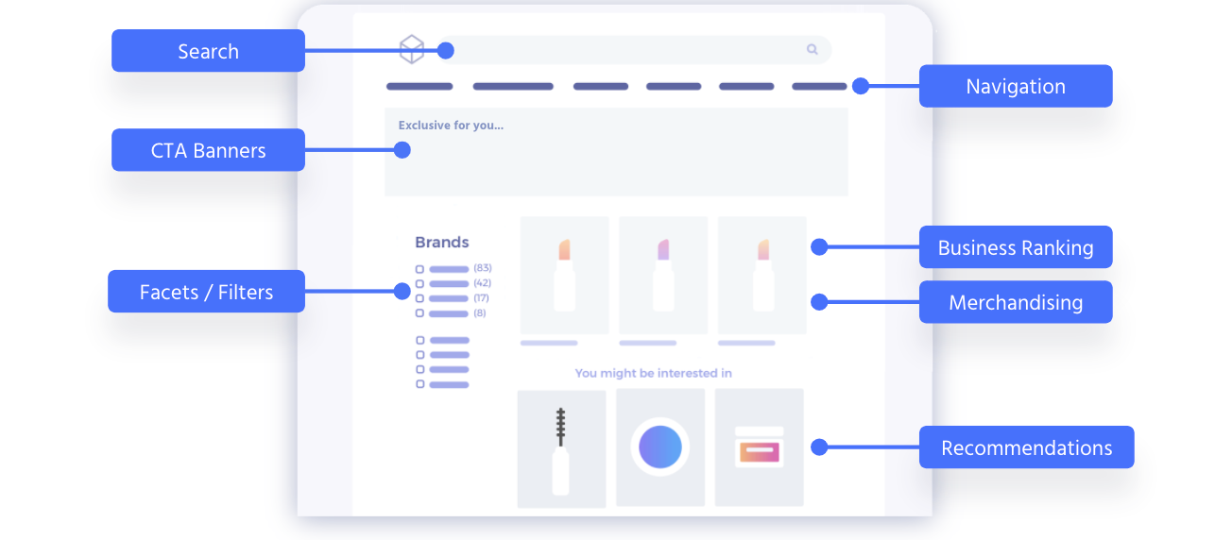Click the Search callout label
click(x=208, y=50)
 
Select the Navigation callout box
click(x=1016, y=86)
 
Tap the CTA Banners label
click(x=208, y=150)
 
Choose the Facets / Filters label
click(x=206, y=292)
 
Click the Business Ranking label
click(x=1016, y=247)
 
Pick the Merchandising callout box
click(x=1016, y=302)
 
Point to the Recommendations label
click(x=1026, y=447)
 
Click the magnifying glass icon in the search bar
click(x=812, y=49)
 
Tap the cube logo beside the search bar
click(x=412, y=49)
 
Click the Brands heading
click(x=441, y=242)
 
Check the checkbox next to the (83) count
click(x=419, y=269)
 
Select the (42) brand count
click(x=482, y=283)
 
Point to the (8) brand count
click(x=480, y=312)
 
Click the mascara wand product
click(x=561, y=451)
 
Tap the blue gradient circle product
click(x=660, y=447)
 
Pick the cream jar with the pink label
click(x=759, y=447)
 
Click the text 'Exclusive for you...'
click(x=451, y=126)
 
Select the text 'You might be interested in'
click(x=653, y=373)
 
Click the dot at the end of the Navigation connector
click(x=861, y=86)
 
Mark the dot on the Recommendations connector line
click(x=819, y=447)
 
